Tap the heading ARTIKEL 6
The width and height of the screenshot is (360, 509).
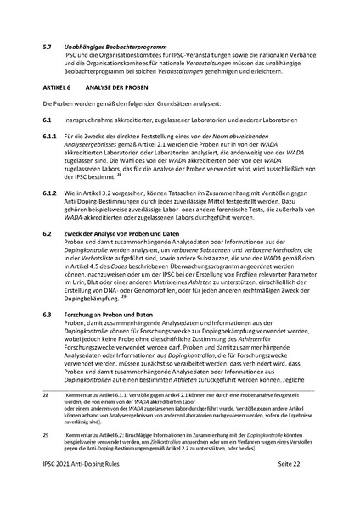coord(58,87)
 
